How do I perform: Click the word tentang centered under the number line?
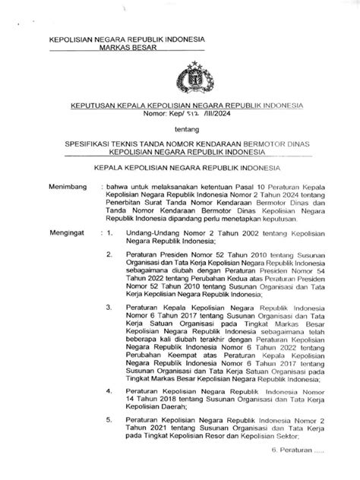coord(180,129)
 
